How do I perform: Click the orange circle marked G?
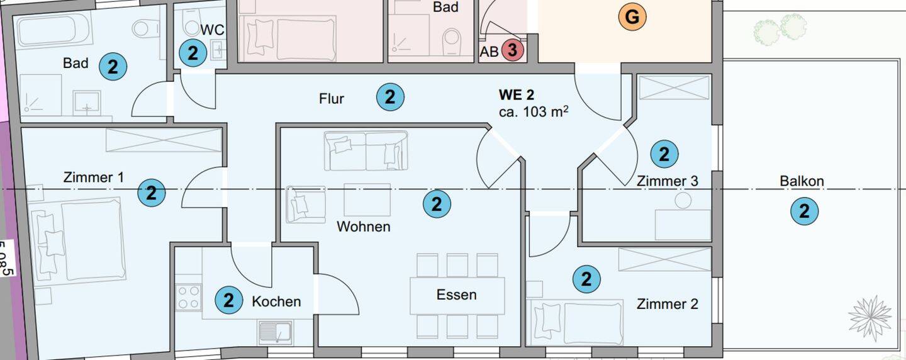tap(632, 18)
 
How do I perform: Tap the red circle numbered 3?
tap(512, 50)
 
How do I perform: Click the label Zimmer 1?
tap(94, 177)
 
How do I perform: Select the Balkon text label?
tap(802, 181)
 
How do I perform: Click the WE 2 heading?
tap(517, 95)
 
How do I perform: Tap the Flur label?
tap(332, 99)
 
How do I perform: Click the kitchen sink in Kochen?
tap(275, 332)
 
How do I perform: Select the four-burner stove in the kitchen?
tap(189, 297)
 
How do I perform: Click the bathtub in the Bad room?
tap(54, 30)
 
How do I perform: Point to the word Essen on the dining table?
tap(457, 295)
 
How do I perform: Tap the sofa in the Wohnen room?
tap(366, 151)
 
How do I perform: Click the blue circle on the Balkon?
tap(804, 212)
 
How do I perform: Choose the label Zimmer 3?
tap(667, 181)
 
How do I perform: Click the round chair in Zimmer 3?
tap(683, 201)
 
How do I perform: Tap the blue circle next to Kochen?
tap(228, 300)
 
